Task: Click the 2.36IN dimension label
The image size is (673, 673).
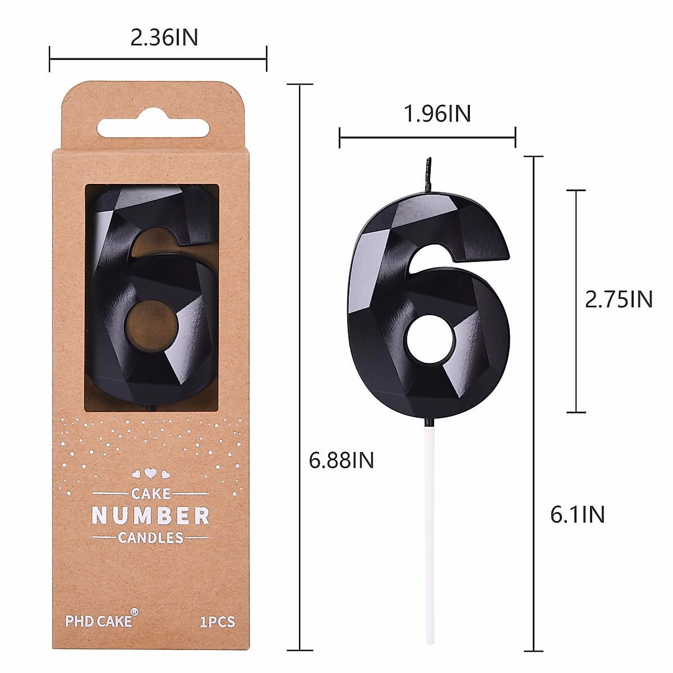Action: click(x=164, y=38)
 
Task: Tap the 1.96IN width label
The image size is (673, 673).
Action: click(x=437, y=113)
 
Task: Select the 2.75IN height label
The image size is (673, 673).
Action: click(x=619, y=299)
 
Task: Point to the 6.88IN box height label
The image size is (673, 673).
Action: click(x=341, y=460)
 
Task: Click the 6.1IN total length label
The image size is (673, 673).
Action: click(x=577, y=514)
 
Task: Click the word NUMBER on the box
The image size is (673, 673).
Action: click(x=150, y=515)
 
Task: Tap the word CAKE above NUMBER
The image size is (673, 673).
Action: click(x=151, y=494)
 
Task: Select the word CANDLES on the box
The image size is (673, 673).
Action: click(x=150, y=537)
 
